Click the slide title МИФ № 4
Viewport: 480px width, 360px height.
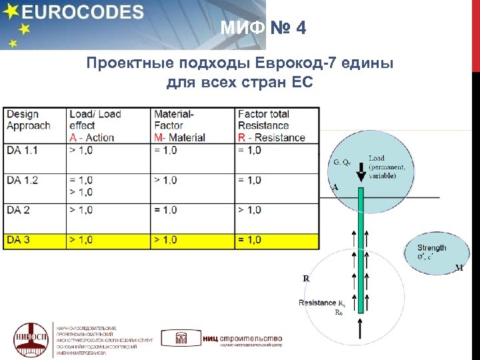263,29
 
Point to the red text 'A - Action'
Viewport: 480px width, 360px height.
91,138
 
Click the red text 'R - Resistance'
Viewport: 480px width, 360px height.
271,138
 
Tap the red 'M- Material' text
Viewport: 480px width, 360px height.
179,138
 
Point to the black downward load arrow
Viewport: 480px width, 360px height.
360,174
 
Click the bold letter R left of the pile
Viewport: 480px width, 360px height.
306,279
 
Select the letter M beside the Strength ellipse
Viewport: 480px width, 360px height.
459,268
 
